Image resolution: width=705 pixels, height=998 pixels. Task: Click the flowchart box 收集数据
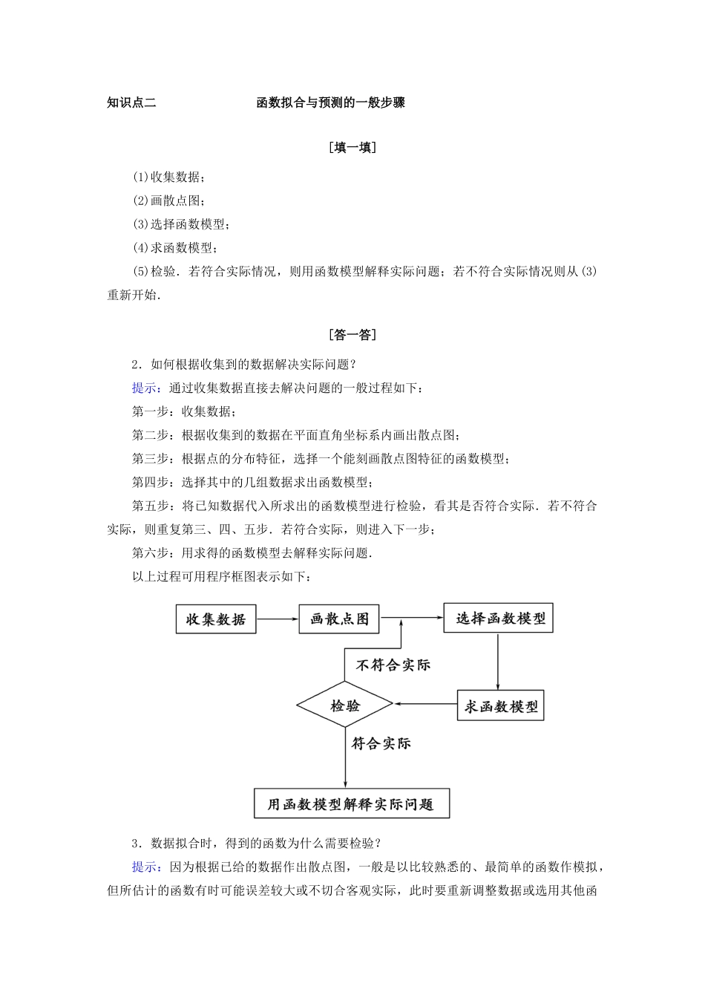[215, 619]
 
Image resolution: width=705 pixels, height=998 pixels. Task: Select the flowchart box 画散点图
[339, 619]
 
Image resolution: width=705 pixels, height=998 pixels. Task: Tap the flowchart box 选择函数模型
[499, 619]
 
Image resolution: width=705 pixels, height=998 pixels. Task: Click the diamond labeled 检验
[344, 705]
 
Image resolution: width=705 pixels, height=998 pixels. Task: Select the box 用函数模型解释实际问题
[351, 803]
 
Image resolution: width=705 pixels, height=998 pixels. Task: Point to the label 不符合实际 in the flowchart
[393, 665]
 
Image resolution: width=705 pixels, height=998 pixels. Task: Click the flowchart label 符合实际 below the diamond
[381, 743]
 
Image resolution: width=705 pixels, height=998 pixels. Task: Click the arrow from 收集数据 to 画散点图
[278, 619]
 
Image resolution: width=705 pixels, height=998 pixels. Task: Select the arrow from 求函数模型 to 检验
[424, 703]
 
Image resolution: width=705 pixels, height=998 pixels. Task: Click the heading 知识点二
[131, 103]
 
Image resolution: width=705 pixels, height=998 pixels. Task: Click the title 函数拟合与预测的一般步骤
[330, 103]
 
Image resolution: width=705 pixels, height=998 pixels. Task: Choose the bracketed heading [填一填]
[352, 148]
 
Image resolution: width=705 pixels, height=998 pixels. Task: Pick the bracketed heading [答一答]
[352, 335]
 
